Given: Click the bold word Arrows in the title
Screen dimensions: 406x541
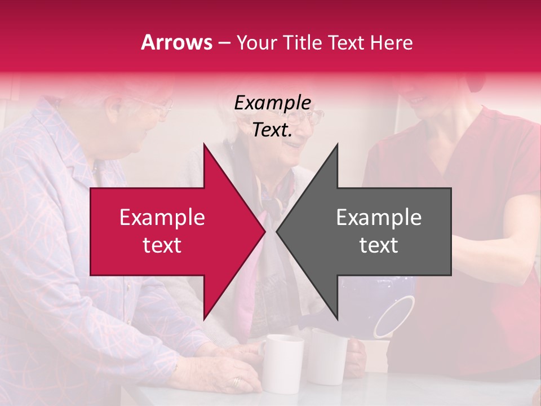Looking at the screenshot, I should click(x=177, y=42).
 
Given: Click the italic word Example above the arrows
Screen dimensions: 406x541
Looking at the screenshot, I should click(x=273, y=103).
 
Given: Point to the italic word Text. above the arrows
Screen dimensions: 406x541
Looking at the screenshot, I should click(x=273, y=130).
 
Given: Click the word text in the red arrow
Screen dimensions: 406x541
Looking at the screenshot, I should click(x=162, y=245).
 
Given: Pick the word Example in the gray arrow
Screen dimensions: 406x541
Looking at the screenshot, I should click(x=379, y=217).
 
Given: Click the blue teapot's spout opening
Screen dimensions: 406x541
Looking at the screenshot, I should click(x=394, y=316).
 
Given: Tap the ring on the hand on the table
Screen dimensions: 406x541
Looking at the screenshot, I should click(x=236, y=382).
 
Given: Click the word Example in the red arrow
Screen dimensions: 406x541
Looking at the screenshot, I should click(x=162, y=217).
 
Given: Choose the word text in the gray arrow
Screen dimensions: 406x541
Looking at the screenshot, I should click(x=379, y=245).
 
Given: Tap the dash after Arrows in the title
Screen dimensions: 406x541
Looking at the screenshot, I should click(x=224, y=43).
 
